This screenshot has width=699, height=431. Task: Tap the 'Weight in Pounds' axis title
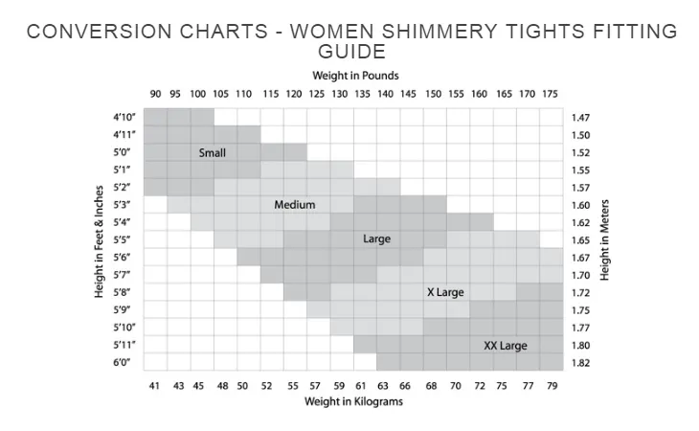(355, 75)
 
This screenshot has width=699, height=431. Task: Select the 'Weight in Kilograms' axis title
(355, 402)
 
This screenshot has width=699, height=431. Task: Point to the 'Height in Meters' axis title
(605, 239)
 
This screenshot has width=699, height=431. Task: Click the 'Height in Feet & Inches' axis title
(100, 239)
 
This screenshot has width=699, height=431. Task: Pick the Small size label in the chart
(213, 152)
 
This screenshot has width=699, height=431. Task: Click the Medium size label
(294, 205)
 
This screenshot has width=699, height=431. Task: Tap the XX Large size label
(505, 346)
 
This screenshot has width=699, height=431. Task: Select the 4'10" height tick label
(125, 117)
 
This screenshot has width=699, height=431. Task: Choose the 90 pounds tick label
(155, 94)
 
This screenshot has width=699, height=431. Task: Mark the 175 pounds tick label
(550, 94)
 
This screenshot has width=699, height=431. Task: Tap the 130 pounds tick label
(340, 94)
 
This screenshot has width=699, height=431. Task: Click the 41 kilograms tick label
(153, 385)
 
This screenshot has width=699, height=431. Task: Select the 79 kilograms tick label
(551, 385)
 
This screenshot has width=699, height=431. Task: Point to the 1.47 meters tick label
(580, 117)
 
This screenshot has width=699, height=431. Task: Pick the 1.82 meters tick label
(580, 363)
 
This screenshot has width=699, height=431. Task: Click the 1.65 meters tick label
(580, 240)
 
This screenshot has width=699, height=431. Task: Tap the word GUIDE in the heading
(351, 51)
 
